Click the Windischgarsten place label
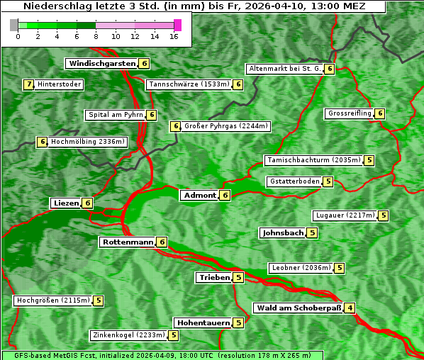pos(101,64)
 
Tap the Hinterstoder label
pos(60,84)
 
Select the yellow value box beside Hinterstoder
pos(29,84)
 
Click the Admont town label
pos(199,195)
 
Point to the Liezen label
pos(66,203)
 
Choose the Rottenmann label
pos(127,242)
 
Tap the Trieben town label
pos(214,277)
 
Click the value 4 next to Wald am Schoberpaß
pos(350,308)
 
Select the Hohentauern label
pos(203,322)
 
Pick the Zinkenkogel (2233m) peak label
pos(128,335)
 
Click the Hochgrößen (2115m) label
pos(53,300)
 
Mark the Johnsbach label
pos(283,232)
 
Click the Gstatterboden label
pos(294,181)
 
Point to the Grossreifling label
pos(350,113)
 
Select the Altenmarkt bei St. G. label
pos(284,69)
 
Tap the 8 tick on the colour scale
pos(96,35)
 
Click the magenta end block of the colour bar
pos(177,25)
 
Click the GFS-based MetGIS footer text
pos(161,355)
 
